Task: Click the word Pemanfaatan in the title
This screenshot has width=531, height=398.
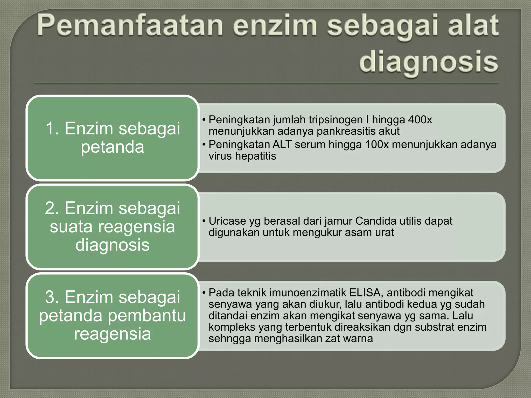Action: point(130,25)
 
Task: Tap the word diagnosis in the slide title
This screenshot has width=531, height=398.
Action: point(428,62)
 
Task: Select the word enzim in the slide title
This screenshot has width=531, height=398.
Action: point(275,25)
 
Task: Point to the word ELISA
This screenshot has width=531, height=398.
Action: point(365,293)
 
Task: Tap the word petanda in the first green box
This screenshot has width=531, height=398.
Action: point(112,147)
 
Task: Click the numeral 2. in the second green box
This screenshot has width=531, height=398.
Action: point(54,208)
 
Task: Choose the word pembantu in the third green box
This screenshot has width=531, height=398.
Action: point(147,316)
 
